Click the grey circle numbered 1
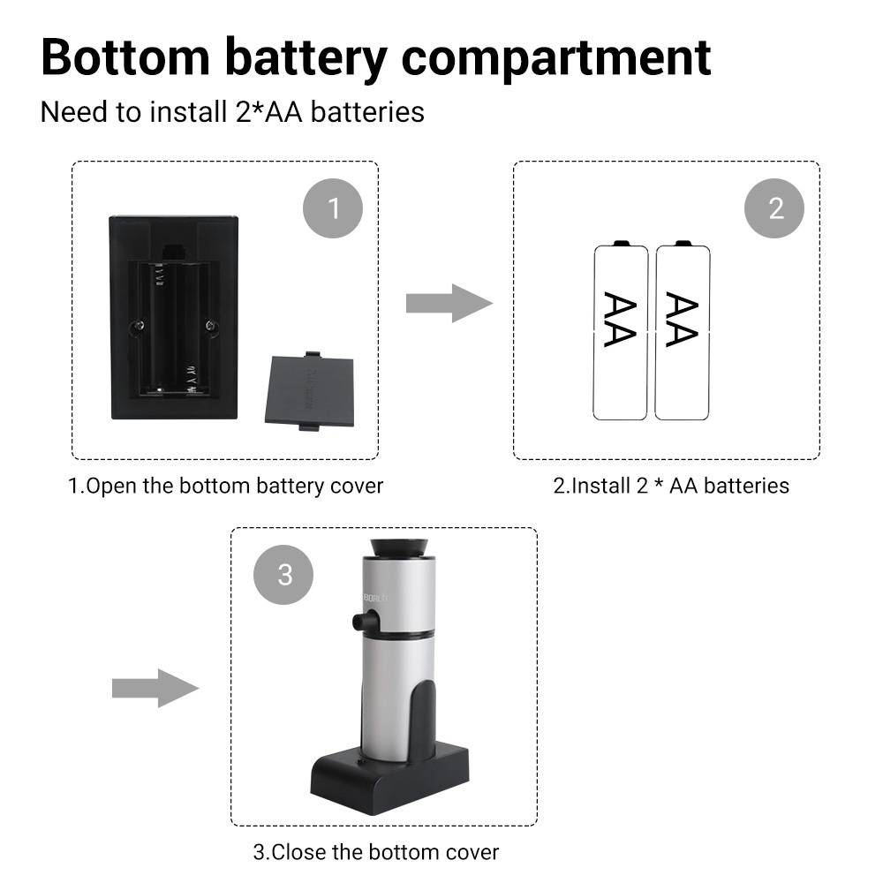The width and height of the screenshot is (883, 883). tap(333, 208)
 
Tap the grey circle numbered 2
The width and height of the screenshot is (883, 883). tap(775, 208)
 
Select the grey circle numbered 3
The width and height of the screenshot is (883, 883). tap(284, 575)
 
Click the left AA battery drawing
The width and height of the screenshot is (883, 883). tap(620, 331)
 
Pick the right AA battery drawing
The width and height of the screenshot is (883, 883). tap(682, 331)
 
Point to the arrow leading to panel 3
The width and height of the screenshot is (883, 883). tap(155, 688)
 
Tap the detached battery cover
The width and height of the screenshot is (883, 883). tap(309, 391)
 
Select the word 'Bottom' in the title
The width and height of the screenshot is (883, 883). tap(124, 57)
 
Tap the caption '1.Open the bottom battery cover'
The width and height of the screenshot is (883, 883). tap(226, 486)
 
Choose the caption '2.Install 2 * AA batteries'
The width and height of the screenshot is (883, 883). tap(671, 486)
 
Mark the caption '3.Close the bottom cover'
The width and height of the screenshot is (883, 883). tap(376, 852)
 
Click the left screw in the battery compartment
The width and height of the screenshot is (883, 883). tap(139, 326)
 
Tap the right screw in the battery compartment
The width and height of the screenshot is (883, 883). tap(210, 326)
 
